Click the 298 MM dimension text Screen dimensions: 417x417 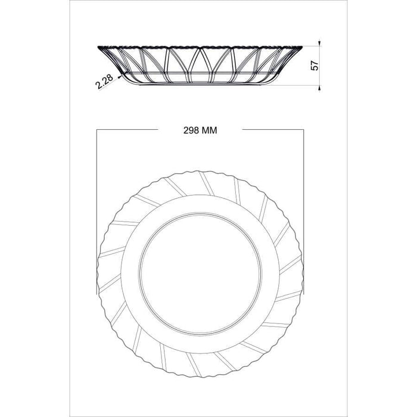point(200,130)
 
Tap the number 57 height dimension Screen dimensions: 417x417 point(315,66)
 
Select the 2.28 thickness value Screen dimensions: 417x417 point(104,81)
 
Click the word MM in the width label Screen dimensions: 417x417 point(210,130)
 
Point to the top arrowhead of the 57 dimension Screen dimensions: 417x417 point(319,43)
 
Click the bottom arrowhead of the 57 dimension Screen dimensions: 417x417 point(319,88)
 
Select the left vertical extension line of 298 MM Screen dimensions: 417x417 point(97,212)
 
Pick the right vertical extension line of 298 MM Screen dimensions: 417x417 point(303,212)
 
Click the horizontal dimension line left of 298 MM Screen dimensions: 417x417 point(127,130)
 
